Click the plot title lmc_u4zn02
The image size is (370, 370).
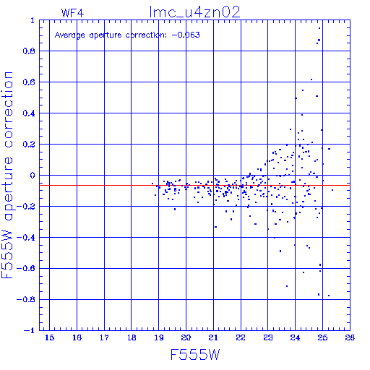(x=194, y=12)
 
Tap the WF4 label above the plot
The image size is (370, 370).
(x=72, y=13)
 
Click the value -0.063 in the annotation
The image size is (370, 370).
(x=186, y=35)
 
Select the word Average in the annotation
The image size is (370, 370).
(x=70, y=35)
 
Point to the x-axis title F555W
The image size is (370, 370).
(x=195, y=355)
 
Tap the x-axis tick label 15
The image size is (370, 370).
(x=50, y=337)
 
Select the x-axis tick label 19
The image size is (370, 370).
(x=159, y=337)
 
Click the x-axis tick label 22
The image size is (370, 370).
(x=241, y=337)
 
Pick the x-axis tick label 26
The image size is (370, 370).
(x=350, y=337)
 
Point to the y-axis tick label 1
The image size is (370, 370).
(x=33, y=20)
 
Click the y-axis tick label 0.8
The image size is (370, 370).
(x=29, y=51)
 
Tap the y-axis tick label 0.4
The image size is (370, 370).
(x=29, y=113)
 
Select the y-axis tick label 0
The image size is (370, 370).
(x=33, y=176)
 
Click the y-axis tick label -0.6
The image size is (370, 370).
(x=26, y=268)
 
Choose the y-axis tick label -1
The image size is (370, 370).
(x=29, y=330)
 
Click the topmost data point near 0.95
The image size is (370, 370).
(x=319, y=28)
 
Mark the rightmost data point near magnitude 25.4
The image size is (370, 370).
(x=332, y=190)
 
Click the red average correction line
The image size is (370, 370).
(x=194, y=185)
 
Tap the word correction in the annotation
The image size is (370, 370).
(x=146, y=35)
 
